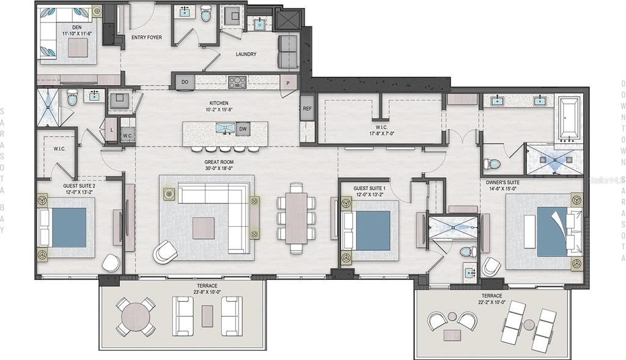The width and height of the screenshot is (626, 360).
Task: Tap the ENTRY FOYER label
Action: (x=147, y=37)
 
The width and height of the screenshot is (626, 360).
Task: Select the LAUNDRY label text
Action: (x=246, y=54)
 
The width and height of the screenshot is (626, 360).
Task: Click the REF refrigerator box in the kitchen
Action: (x=307, y=108)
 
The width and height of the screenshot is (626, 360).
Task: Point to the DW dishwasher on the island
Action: (x=243, y=129)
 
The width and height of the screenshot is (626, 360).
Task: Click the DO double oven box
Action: (x=184, y=81)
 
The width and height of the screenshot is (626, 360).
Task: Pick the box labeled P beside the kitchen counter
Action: (x=287, y=81)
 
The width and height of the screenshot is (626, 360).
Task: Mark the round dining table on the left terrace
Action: (x=136, y=317)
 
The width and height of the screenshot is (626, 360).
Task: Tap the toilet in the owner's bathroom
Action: (x=492, y=164)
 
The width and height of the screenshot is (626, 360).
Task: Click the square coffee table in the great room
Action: (x=204, y=228)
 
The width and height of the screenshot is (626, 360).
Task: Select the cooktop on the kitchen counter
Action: (x=237, y=81)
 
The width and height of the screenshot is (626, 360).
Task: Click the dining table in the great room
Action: (x=296, y=218)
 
